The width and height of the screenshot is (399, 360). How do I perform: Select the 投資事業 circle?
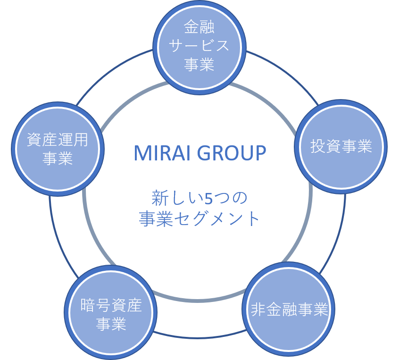[341, 146]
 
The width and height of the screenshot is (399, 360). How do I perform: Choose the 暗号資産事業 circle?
[111, 314]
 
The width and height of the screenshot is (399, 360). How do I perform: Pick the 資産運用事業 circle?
[58, 148]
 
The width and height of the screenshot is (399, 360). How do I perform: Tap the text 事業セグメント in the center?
[199, 218]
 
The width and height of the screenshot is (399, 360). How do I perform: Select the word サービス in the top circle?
[199, 46]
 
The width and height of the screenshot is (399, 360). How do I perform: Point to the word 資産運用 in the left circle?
[58, 140]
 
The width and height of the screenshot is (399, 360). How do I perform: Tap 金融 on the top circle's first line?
[199, 28]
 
